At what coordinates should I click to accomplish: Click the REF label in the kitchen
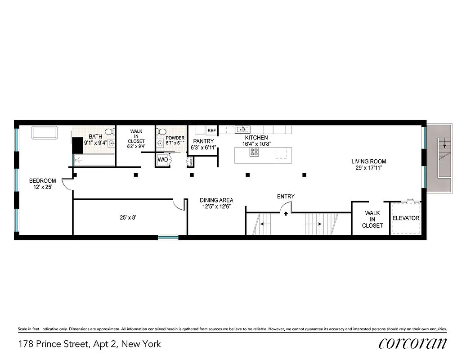pos(211,130)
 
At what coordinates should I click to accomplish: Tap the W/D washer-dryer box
pos(162,159)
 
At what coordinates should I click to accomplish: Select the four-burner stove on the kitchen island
pos(254,153)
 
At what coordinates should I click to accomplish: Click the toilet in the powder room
pos(161,131)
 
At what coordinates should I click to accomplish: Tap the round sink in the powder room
pos(161,143)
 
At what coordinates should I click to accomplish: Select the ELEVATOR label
pos(406,218)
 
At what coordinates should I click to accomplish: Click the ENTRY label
pos(286,196)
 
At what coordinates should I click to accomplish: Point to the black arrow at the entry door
pos(286,213)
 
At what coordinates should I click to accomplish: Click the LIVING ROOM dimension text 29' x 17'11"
pos(368,169)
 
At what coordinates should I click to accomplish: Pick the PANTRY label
pos(203,141)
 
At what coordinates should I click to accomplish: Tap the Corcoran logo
pos(413,343)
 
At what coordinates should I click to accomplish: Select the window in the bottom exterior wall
pos(168,237)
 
